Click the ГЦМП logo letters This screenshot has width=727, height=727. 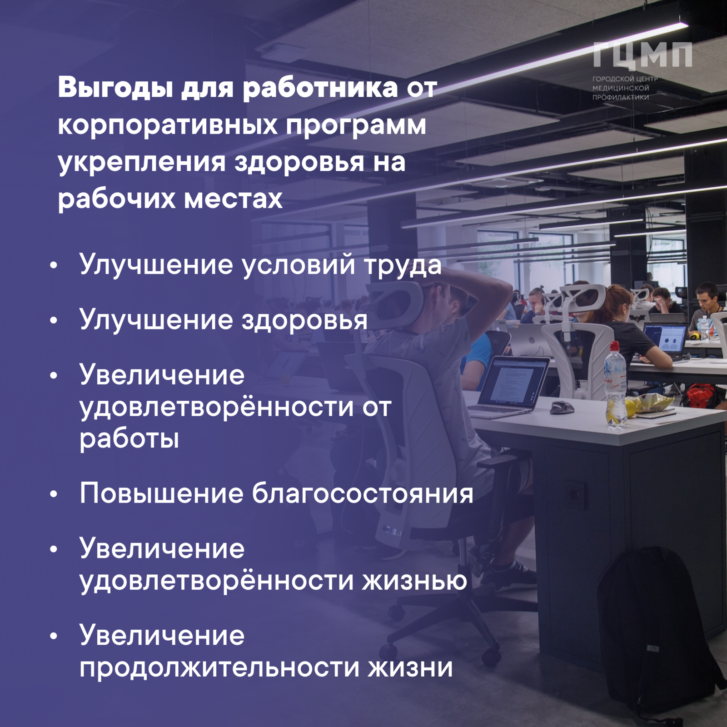click(x=642, y=55)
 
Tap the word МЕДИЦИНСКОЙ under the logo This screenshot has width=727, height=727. click(x=621, y=88)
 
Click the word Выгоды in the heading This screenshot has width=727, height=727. click(x=115, y=88)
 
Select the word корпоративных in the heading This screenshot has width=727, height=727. click(x=168, y=124)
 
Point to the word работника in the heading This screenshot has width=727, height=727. click(x=320, y=88)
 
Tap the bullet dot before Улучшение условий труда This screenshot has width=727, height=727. click(x=54, y=265)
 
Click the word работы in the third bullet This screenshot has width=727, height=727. click(x=129, y=439)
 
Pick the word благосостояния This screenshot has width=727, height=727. click(x=363, y=493)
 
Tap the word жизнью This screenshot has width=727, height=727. click(x=414, y=580)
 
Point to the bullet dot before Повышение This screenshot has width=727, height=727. click(x=54, y=494)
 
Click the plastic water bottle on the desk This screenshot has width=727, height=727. click(x=615, y=383)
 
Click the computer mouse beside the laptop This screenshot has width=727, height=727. click(x=562, y=407)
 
